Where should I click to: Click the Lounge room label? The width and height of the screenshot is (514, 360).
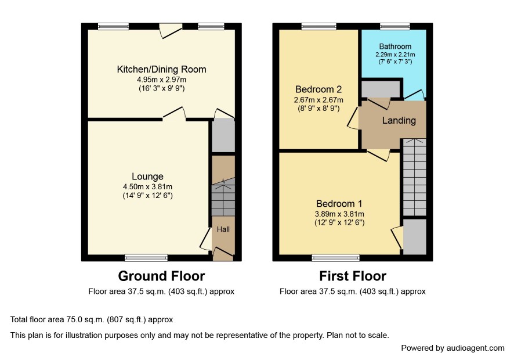(x=147, y=177)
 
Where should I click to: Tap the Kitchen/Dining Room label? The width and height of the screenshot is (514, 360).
(x=162, y=69)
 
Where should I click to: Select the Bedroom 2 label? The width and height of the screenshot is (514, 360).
(x=318, y=89)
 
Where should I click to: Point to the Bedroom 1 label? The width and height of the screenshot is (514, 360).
(x=339, y=204)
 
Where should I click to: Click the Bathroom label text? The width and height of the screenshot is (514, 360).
(x=395, y=46)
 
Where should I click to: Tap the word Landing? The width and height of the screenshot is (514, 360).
(x=399, y=120)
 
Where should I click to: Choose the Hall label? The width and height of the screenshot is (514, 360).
(x=223, y=229)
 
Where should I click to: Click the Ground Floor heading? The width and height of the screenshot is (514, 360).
(x=162, y=276)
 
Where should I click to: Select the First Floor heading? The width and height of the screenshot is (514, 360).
(x=353, y=276)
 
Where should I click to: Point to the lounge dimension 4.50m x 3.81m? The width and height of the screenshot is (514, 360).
(x=147, y=187)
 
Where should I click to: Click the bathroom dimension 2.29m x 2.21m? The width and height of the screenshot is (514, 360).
(x=395, y=55)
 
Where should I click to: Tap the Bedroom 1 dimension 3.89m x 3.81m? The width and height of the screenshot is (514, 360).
(x=339, y=214)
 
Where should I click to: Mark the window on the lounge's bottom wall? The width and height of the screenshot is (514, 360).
(x=146, y=258)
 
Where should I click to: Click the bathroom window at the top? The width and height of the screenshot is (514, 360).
(x=395, y=26)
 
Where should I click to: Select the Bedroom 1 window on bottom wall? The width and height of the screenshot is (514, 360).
(x=336, y=258)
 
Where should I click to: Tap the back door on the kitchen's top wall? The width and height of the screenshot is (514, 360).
(x=171, y=30)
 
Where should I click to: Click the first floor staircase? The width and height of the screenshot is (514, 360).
(x=415, y=177)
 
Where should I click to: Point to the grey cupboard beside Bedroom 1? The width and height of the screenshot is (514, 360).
(x=415, y=236)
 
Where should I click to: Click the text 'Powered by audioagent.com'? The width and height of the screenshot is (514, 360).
(x=453, y=348)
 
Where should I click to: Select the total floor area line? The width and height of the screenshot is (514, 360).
(x=92, y=319)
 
